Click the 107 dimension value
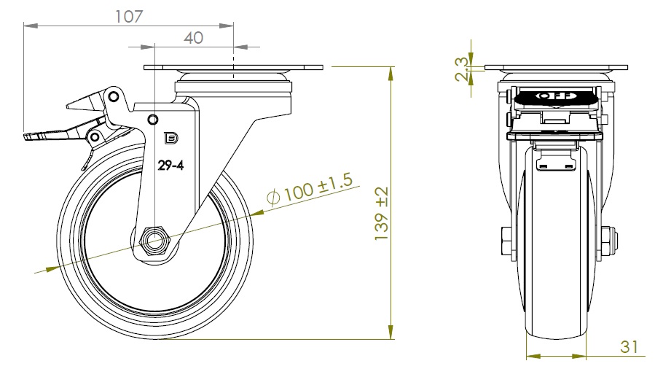pyautogui.click(x=129, y=16)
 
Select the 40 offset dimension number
pyautogui.click(x=192, y=38)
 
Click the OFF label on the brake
pyautogui.click(x=555, y=96)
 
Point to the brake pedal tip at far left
pyautogui.click(x=29, y=136)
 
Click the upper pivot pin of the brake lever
pyautogui.click(x=112, y=96)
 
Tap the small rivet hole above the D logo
pyautogui.click(x=152, y=120)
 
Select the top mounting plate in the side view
pyautogui.click(x=233, y=69)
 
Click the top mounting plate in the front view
pyautogui.click(x=555, y=69)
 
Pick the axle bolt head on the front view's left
pyautogui.click(x=506, y=238)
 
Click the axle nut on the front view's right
pyautogui.click(x=611, y=238)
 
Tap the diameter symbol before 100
pyautogui.click(x=274, y=197)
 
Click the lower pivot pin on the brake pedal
pyautogui.click(x=94, y=136)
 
